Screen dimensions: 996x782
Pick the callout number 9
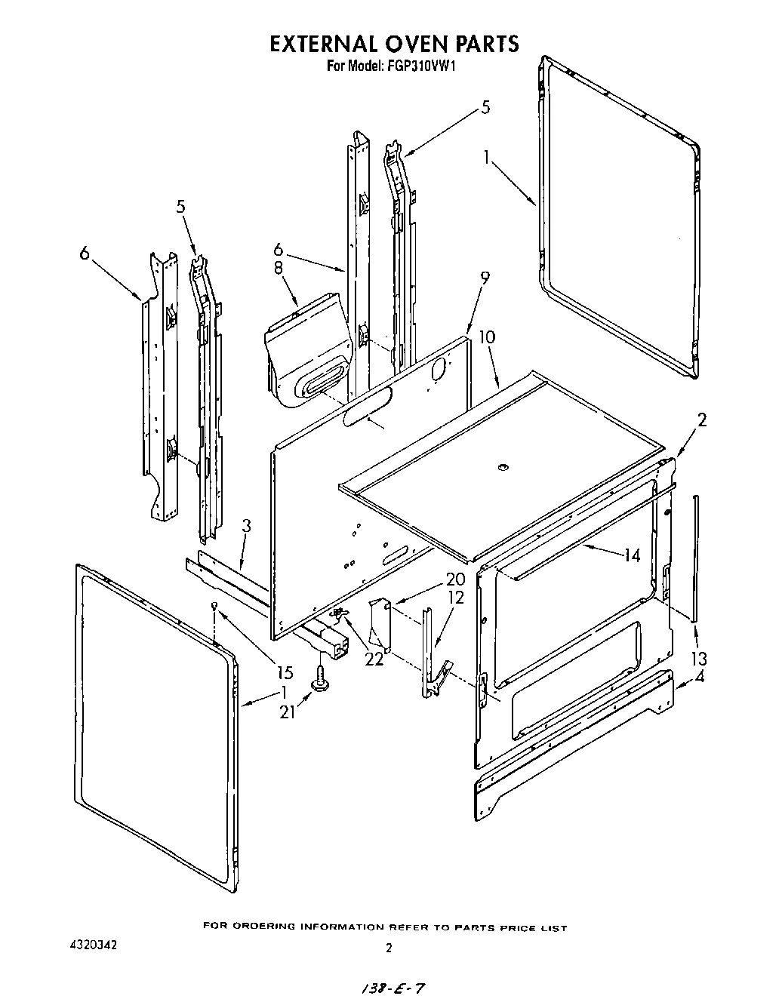tap(484, 278)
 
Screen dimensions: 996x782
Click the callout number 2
tap(701, 420)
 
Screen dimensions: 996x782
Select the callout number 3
tap(247, 526)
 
